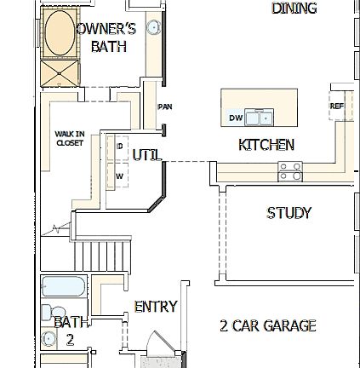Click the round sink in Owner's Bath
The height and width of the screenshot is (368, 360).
coord(153,27)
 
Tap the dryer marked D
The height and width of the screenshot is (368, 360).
coord(119,146)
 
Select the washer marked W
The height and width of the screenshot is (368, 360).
coord(119,175)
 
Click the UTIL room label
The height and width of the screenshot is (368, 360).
coord(146,155)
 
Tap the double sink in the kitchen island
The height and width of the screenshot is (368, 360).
coord(259,118)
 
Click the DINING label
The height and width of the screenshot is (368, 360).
coord(294,8)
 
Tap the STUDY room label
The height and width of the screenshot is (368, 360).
coord(289,213)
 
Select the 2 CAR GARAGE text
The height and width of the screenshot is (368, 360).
coord(267,326)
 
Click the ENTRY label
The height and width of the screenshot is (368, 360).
coord(155,306)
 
